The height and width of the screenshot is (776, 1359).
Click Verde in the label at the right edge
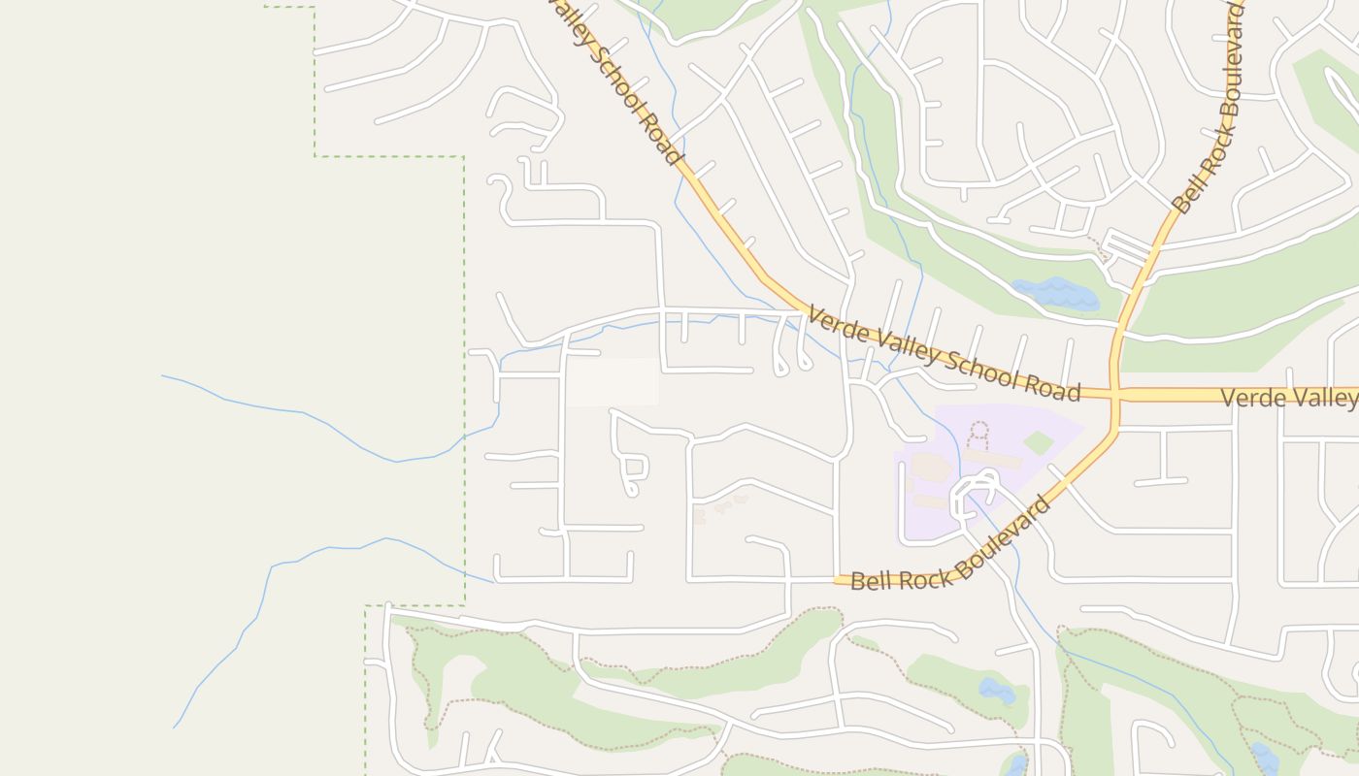click(x=1251, y=398)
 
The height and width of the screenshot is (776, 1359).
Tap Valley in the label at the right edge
click(x=1330, y=398)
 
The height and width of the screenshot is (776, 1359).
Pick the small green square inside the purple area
click(x=1038, y=443)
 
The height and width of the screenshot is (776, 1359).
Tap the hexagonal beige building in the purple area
click(x=930, y=468)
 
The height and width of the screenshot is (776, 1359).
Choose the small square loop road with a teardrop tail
click(x=635, y=470)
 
